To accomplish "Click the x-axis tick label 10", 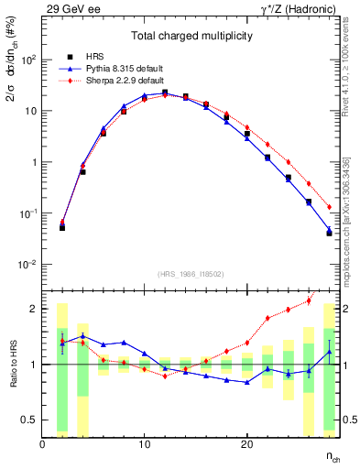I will [144, 444].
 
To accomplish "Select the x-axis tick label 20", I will [246, 444].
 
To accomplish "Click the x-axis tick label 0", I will [42, 444].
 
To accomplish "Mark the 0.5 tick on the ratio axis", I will [31, 420].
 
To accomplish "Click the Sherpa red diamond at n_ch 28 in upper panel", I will [329, 207].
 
